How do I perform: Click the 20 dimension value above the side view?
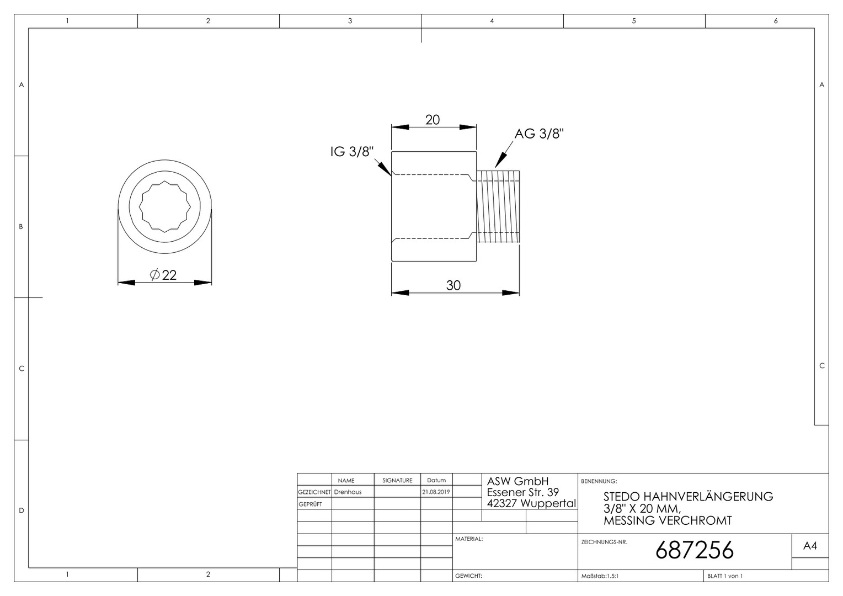[x=433, y=120]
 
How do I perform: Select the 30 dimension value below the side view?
[x=453, y=285]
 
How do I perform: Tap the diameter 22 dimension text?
[x=163, y=275]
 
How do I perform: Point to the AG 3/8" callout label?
[x=539, y=134]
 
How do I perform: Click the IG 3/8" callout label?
[x=352, y=151]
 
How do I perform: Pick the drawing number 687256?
[x=695, y=550]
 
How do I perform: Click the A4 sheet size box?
[x=810, y=546]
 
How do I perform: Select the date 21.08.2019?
[x=436, y=492]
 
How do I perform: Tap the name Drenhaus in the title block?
[x=348, y=492]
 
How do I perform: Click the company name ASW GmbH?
[x=517, y=481]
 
